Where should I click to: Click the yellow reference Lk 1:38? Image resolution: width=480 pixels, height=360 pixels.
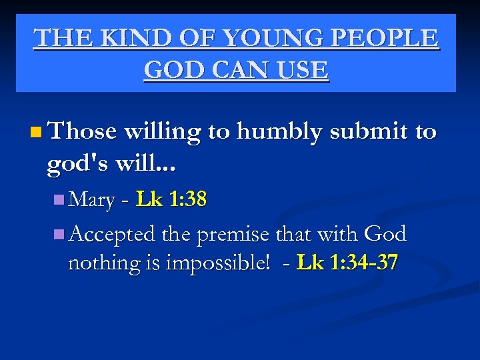coord(171,199)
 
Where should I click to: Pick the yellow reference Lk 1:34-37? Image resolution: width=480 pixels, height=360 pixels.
coord(347,263)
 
